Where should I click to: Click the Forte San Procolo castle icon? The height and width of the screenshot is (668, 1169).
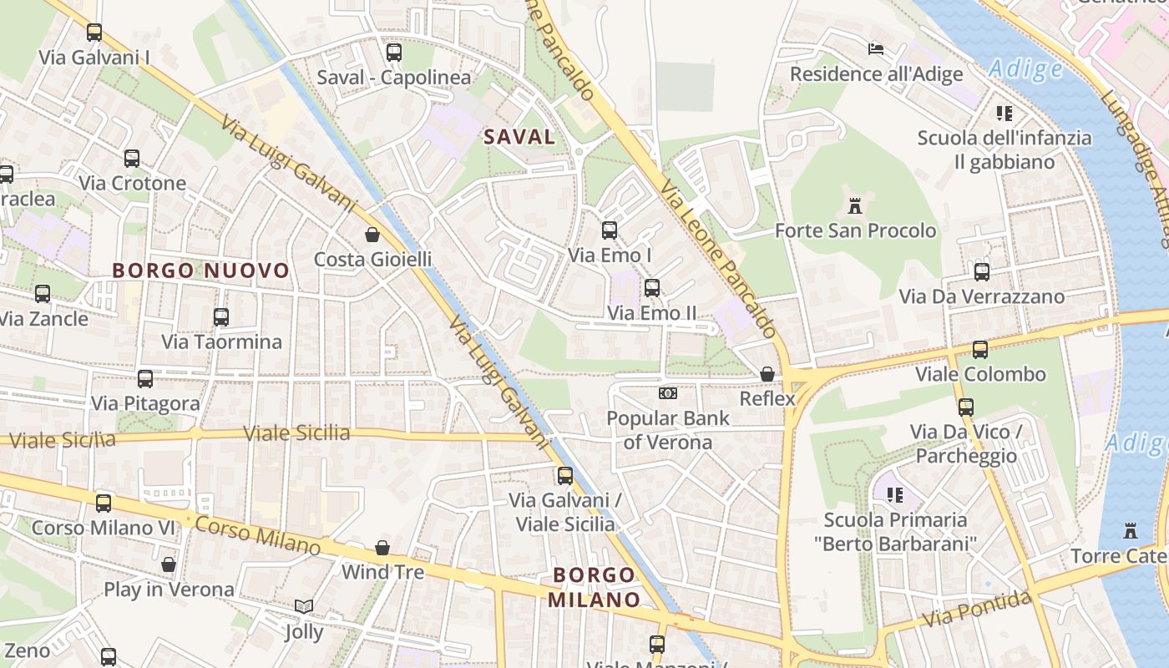(x=854, y=205)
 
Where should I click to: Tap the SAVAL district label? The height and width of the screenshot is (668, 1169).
(x=519, y=137)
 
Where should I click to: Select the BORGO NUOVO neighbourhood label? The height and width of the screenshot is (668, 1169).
(x=200, y=271)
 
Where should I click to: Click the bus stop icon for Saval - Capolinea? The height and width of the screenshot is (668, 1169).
(x=394, y=53)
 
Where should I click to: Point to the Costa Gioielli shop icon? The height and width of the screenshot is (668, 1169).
(x=372, y=235)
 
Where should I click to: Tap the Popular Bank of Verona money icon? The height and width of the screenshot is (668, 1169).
(x=667, y=392)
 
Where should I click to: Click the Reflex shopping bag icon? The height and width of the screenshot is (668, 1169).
(x=767, y=374)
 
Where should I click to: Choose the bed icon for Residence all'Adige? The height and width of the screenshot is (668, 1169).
(x=875, y=48)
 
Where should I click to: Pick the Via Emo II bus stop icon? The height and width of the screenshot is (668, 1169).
(x=652, y=288)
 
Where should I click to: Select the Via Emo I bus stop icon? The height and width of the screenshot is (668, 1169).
(x=610, y=230)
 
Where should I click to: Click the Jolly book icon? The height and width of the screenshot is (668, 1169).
(x=304, y=607)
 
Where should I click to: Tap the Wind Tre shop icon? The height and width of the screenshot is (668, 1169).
(x=382, y=548)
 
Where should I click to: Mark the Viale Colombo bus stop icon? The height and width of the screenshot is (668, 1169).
(x=980, y=349)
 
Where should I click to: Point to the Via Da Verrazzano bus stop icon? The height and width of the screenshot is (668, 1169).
(x=982, y=271)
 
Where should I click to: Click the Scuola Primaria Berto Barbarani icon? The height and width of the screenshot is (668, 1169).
(x=895, y=494)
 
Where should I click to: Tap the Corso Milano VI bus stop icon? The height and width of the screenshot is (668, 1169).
(x=104, y=503)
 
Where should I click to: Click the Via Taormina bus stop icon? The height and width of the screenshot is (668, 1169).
(x=221, y=316)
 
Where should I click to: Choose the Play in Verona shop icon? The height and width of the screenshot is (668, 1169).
(x=169, y=564)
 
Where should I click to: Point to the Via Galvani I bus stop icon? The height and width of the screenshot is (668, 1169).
(x=94, y=33)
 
